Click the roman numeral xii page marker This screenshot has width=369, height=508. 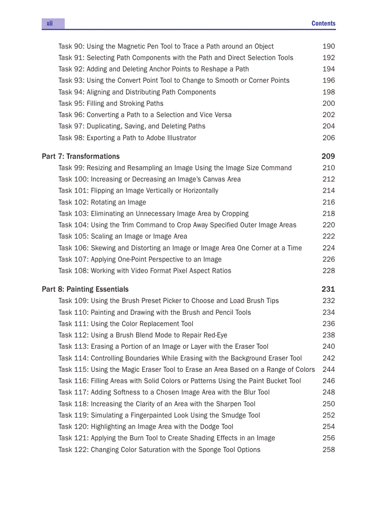coord(50,24)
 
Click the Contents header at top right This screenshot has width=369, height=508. coord(323,24)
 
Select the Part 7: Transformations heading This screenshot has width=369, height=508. coord(80,157)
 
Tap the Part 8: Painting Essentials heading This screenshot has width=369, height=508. coord(85,290)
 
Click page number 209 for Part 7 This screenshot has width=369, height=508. coord(328,157)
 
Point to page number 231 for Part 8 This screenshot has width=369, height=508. coord(328,290)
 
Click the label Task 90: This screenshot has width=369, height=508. coord(71,47)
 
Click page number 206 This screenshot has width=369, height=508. coord(329,138)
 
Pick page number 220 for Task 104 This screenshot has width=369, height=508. coord(329,225)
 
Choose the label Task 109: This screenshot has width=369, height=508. coord(73,301)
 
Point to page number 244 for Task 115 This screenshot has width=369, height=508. coord(329,370)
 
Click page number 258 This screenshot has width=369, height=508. coord(329,450)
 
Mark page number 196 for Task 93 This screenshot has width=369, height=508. coord(329,81)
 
